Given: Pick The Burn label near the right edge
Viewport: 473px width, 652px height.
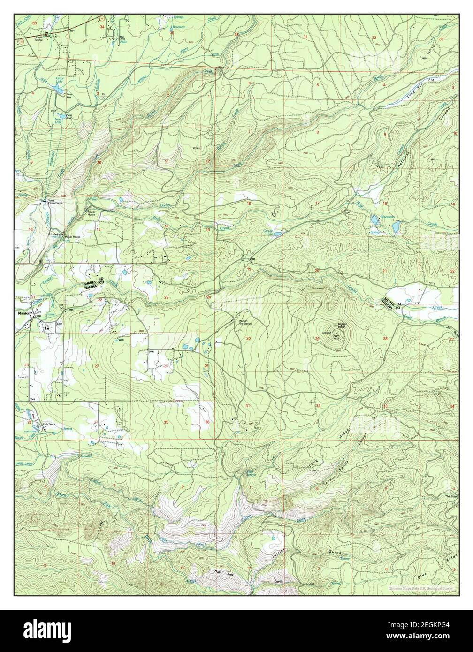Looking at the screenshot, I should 450,496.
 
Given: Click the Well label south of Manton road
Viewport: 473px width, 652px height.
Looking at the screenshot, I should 121,341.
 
